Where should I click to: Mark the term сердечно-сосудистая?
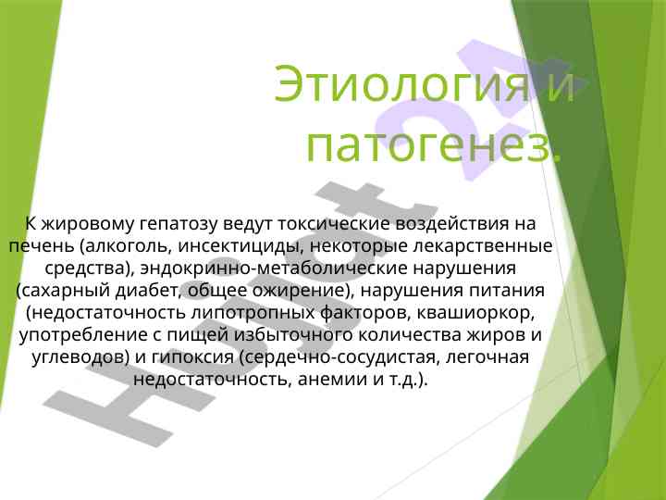coord(339,358)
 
